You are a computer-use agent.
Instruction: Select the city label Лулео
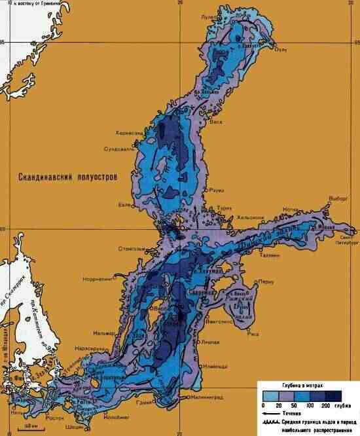(226, 16)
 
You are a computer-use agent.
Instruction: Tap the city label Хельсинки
(250, 217)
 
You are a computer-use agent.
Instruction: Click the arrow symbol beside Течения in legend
(272, 414)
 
